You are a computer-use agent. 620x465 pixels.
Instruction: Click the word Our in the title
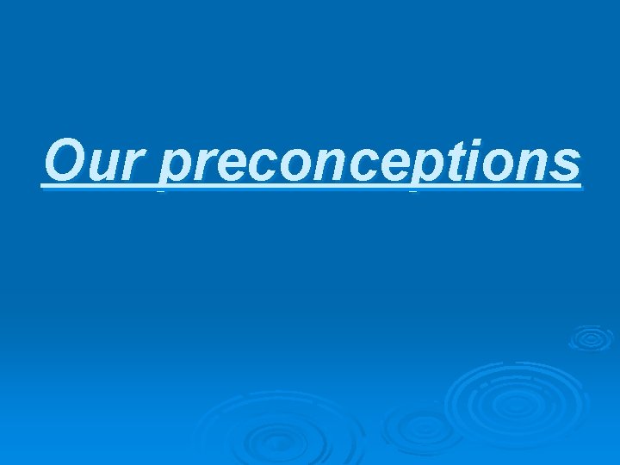click(x=96, y=161)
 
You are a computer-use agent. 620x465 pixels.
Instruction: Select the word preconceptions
click(x=371, y=163)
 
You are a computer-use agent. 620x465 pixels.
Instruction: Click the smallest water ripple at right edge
click(x=591, y=338)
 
